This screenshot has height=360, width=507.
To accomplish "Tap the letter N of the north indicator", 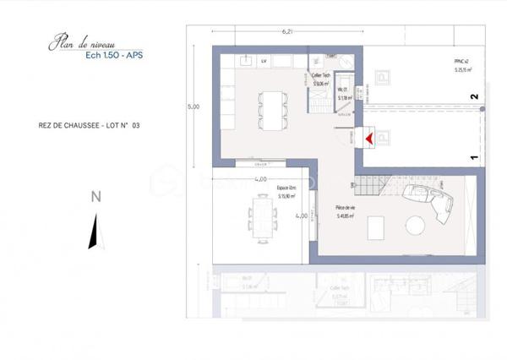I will pos(96,197).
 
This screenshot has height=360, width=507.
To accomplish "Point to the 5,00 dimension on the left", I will pos(194,107).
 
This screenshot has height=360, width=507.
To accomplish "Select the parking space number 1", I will pos(474,156).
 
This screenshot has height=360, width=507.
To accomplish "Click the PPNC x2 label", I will pos(461,62).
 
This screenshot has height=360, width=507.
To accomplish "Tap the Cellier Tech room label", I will pos(320,77).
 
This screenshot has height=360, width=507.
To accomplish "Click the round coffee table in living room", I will pos(415,226).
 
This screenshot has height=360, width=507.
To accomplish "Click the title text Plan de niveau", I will pos(84,41).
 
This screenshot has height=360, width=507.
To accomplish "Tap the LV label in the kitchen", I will pos(264,62).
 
